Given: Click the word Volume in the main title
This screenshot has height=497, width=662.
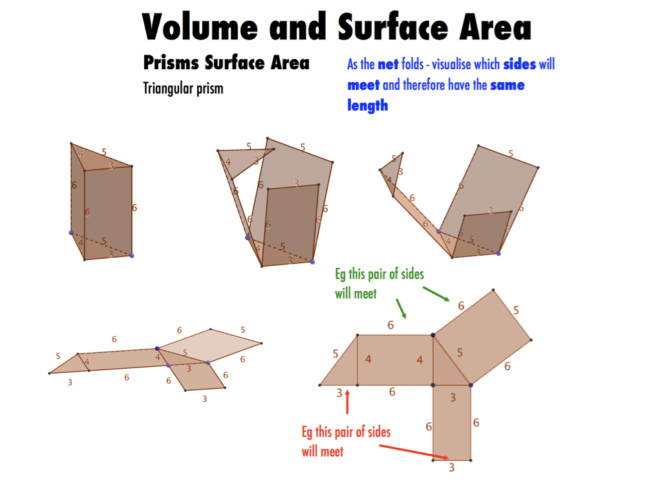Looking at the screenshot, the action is tap(199, 27).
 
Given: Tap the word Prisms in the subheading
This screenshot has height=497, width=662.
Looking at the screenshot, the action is tap(171, 63).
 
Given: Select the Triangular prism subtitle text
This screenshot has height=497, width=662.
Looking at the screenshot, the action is tap(183, 89).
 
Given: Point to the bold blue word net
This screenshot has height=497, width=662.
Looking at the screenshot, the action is tap(388, 65).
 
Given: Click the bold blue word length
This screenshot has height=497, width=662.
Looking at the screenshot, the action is tap(367, 105).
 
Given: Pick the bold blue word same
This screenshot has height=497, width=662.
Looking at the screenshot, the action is tap(507, 85).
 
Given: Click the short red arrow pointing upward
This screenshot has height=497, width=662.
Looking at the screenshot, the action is tap(347, 402).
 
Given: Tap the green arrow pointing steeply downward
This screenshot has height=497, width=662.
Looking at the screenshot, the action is tap(401, 309).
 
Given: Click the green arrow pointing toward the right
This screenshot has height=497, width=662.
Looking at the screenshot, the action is tap(436, 294).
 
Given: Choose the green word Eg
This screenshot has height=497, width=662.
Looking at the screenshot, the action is tap(340, 274).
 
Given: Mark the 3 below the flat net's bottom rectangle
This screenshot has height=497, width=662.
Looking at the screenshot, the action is tap(451, 467).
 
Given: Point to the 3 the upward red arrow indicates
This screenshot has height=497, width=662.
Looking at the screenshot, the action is tap(339, 393).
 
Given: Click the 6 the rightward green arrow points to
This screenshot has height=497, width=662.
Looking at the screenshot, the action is tap(461, 305).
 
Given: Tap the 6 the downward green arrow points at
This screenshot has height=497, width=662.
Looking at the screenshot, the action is tap(390, 325).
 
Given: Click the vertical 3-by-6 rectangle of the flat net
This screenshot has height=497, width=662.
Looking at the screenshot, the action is tap(452, 423).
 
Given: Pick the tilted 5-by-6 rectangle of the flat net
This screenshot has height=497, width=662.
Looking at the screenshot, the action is tap(482, 337).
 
